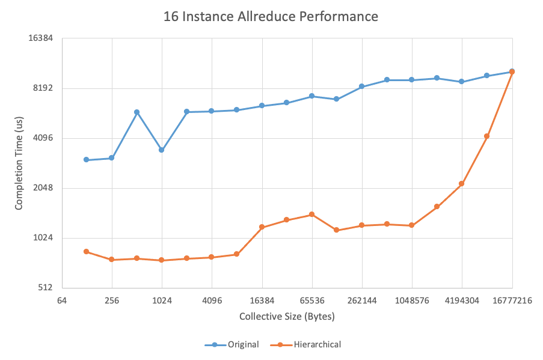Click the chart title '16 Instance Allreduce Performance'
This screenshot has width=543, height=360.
(271, 17)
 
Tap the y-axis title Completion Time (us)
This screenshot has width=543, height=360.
(19, 163)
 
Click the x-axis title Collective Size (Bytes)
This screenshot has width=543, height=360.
(287, 316)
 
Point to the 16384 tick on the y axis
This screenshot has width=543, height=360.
(42, 38)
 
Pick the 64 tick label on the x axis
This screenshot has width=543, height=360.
(61, 301)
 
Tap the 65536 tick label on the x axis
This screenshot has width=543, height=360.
(312, 301)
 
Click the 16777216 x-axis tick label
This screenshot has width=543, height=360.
(512, 301)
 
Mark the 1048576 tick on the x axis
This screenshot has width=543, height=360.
(412, 301)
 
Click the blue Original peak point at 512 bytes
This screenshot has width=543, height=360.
(137, 112)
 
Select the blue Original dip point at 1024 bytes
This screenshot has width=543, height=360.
(162, 150)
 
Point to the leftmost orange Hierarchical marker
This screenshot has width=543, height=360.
(87, 251)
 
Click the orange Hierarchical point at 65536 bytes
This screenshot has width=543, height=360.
(312, 215)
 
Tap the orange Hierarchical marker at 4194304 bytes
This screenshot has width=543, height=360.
(462, 184)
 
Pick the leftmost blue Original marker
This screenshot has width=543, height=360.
(87, 160)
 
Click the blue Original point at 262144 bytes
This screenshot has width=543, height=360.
(362, 87)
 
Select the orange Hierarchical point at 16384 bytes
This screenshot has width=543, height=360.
(262, 227)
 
